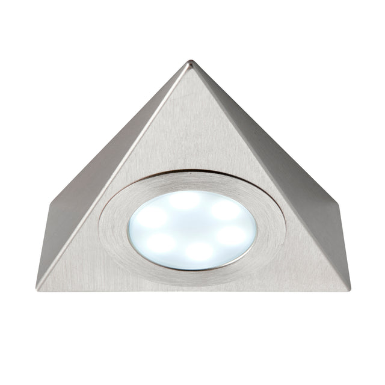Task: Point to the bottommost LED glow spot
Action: (x=199, y=252)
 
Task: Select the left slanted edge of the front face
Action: (x=114, y=174)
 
